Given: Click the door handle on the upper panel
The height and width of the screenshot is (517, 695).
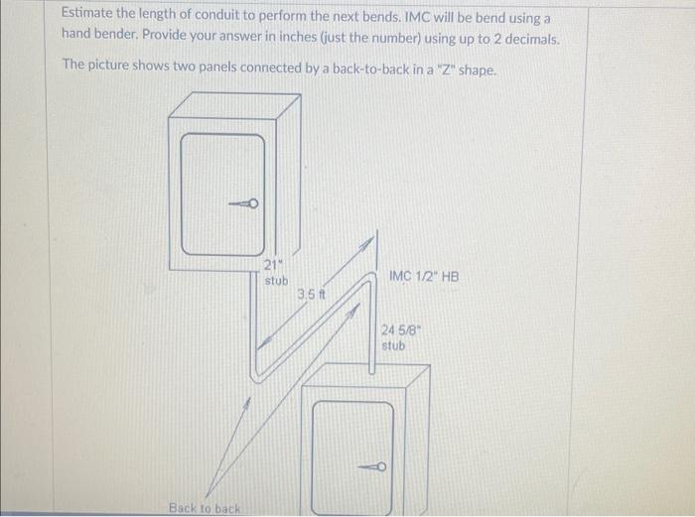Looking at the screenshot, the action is [244, 203].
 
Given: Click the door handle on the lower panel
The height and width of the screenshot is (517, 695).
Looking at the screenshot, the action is [372, 466].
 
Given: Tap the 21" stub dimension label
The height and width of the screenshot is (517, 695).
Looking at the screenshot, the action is [276, 273].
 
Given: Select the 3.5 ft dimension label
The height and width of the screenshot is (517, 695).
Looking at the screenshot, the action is [311, 294].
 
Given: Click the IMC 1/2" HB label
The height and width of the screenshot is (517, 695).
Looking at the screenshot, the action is [424, 277].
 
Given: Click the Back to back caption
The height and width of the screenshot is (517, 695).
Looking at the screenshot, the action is [205, 508].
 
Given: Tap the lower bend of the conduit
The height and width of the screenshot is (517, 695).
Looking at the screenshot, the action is [256, 376].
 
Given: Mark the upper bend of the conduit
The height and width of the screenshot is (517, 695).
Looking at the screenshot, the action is [367, 280].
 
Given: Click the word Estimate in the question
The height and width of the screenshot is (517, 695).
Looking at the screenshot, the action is [87, 13].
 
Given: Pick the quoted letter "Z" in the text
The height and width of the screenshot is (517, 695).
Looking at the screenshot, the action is [446, 69].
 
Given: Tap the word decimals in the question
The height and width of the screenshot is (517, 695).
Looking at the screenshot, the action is [532, 40].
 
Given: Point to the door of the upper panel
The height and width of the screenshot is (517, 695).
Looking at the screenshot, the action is [223, 194].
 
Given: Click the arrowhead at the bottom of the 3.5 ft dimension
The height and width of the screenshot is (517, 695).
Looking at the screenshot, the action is [264, 343].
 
